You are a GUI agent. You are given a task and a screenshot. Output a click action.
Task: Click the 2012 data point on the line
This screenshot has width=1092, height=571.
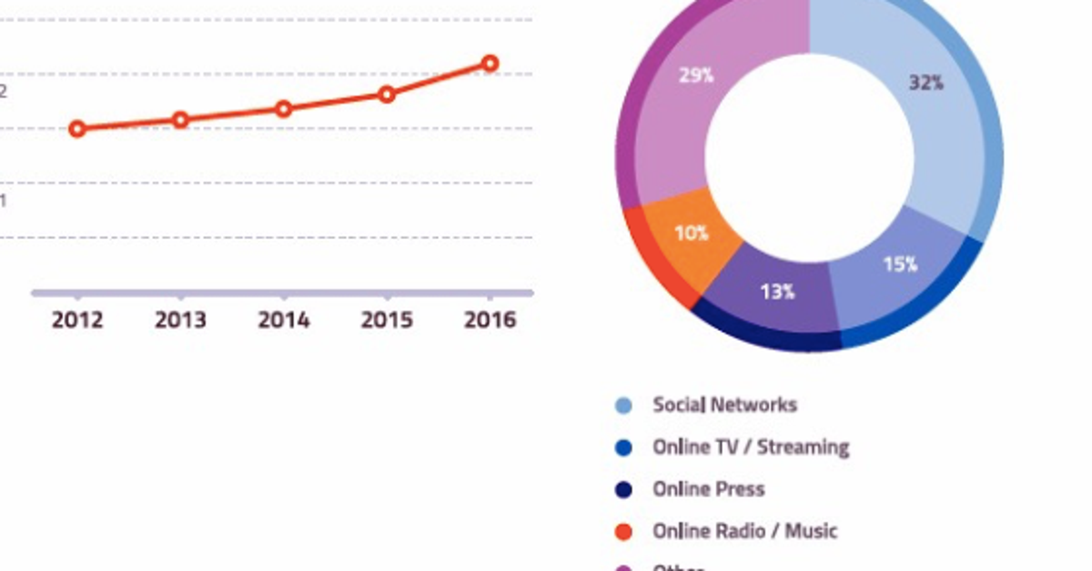pos(77,129)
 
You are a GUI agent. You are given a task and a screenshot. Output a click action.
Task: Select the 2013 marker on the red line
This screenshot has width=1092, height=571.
pos(180,120)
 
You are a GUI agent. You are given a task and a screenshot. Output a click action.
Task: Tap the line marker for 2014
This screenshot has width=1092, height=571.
pos(284,109)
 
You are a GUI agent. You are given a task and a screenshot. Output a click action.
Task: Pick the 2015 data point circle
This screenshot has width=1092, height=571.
pos(387,94)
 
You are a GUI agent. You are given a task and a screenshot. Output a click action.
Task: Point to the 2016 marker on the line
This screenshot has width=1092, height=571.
pos(490,64)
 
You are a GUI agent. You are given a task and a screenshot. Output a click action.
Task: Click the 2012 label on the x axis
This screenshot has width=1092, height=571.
pos(77,321)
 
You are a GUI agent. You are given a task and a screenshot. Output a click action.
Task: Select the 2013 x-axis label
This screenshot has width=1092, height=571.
pos(180,321)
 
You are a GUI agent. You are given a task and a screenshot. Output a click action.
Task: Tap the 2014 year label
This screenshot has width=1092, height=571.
pos(284,321)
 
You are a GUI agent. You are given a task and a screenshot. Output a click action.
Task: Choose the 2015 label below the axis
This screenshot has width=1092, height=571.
pos(387,321)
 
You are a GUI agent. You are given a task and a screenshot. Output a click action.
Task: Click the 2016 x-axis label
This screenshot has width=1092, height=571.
pos(490,321)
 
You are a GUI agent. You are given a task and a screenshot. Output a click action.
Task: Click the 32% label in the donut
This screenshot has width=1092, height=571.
pos(926,83)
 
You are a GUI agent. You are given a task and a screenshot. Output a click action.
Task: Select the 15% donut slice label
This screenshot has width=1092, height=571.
pos(900,265)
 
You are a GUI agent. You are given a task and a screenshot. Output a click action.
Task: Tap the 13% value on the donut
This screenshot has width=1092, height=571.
pos(777,292)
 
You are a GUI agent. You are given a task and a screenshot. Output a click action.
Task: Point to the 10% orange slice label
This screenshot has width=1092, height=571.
pos(692,233)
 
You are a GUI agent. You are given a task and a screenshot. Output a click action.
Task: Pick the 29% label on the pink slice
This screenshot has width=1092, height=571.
pos(696,75)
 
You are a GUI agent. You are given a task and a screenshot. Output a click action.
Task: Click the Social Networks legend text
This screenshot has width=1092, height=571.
pos(724,406)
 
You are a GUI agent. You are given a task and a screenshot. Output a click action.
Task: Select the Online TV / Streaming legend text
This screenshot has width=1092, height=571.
pos(751,447)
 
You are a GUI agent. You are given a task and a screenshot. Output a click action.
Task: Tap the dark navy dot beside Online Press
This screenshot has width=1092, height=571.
pos(623,490)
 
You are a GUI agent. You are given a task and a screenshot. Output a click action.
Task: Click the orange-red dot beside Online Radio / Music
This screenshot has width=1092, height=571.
pos(623,532)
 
